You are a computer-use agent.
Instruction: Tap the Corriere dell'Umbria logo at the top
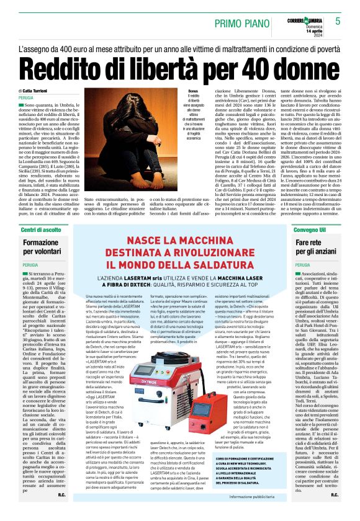(x=306, y=14)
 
